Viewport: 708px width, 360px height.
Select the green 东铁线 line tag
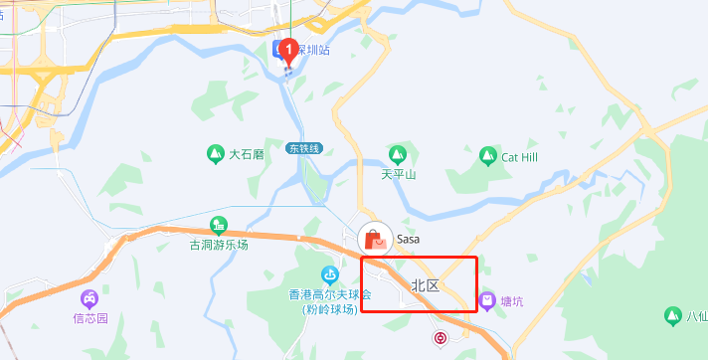click(304, 148)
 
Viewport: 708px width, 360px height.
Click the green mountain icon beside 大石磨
click(214, 154)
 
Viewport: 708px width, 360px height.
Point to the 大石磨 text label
click(247, 155)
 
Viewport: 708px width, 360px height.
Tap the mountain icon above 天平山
click(398, 155)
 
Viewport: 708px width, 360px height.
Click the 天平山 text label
click(398, 174)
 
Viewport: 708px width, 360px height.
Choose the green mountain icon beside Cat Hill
click(487, 156)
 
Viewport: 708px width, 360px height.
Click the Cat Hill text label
click(519, 156)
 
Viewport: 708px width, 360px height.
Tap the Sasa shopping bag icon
click(375, 239)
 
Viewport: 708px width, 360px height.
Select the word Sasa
click(409, 239)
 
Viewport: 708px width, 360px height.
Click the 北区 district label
click(425, 285)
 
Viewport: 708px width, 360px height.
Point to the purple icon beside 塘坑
click(487, 300)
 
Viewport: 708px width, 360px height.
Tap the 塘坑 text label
click(513, 300)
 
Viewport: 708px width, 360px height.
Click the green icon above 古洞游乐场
click(219, 226)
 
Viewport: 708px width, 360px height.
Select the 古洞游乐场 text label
click(219, 245)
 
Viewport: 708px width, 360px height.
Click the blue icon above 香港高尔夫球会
click(329, 275)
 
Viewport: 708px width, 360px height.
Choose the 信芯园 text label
click(89, 319)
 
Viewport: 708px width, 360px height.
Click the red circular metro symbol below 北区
click(441, 338)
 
